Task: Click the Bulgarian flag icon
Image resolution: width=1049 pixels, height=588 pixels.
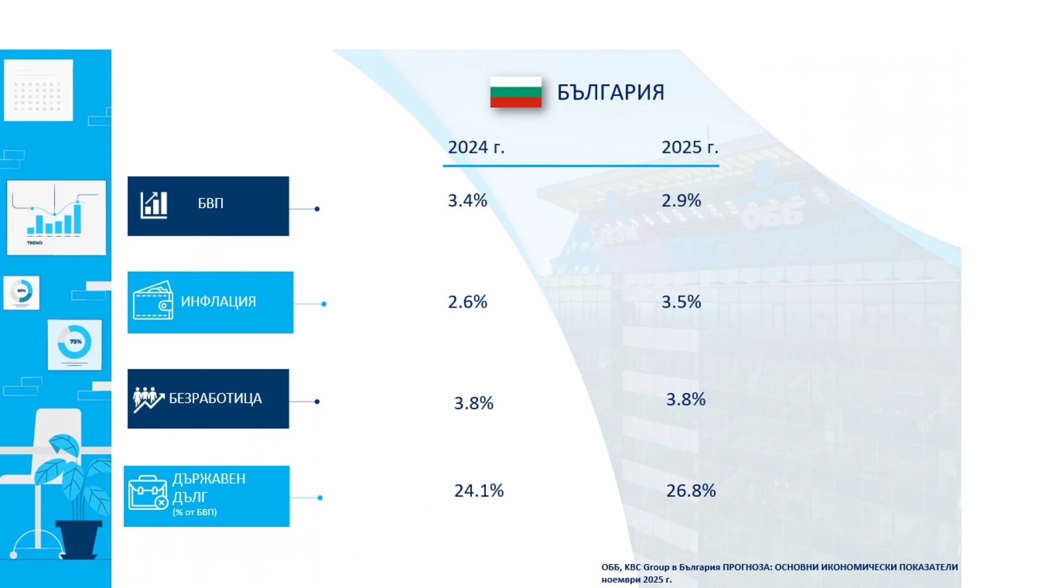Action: pyautogui.click(x=515, y=92)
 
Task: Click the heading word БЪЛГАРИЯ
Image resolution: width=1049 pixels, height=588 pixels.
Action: pyautogui.click(x=610, y=92)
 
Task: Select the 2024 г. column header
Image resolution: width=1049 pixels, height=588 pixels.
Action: pyautogui.click(x=476, y=147)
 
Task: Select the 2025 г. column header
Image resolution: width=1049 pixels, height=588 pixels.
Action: pyautogui.click(x=689, y=147)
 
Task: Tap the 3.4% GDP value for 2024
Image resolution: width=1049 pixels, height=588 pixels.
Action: pyautogui.click(x=467, y=201)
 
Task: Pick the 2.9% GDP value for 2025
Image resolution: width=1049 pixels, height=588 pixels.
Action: pyautogui.click(x=681, y=201)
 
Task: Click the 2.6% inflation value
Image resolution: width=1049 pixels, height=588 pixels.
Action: pyautogui.click(x=467, y=302)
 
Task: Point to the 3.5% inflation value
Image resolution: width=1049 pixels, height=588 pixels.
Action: pyautogui.click(x=681, y=302)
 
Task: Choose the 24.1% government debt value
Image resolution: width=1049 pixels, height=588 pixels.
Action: pyautogui.click(x=479, y=491)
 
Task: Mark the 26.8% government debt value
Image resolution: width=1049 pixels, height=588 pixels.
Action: pyautogui.click(x=691, y=491)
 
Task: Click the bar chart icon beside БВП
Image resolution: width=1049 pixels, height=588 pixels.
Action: pyautogui.click(x=154, y=205)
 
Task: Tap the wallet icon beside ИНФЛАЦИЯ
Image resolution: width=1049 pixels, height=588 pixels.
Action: pyautogui.click(x=153, y=301)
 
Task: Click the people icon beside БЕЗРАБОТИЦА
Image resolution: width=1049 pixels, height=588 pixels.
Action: pyautogui.click(x=148, y=399)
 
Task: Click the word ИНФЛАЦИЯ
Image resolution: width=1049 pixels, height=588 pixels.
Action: pyautogui.click(x=218, y=302)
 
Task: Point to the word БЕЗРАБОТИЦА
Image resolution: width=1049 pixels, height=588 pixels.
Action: pyautogui.click(x=215, y=398)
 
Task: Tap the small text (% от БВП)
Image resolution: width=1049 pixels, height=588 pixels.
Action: pyautogui.click(x=195, y=513)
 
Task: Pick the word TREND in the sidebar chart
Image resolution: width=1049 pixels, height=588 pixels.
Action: pyautogui.click(x=34, y=243)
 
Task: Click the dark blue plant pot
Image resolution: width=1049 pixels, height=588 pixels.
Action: pyautogui.click(x=79, y=538)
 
